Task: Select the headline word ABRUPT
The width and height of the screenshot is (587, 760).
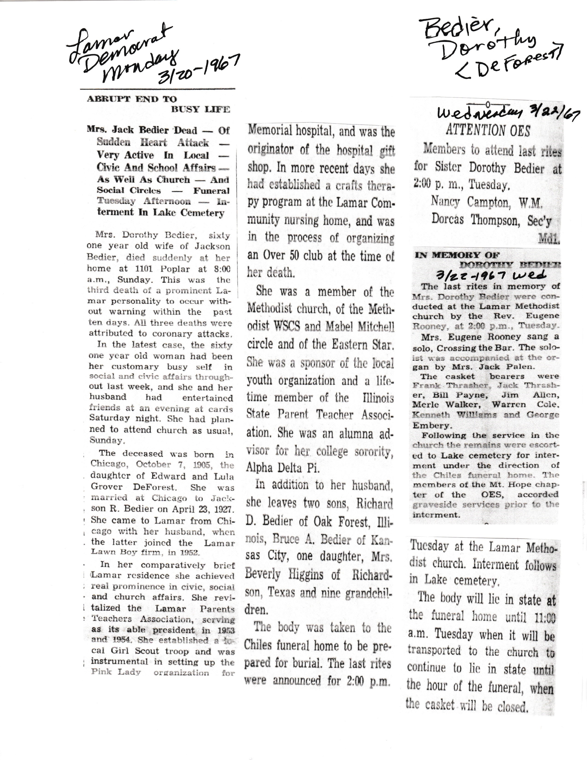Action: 103,99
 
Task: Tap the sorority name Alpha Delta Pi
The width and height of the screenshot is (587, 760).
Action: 283,468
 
